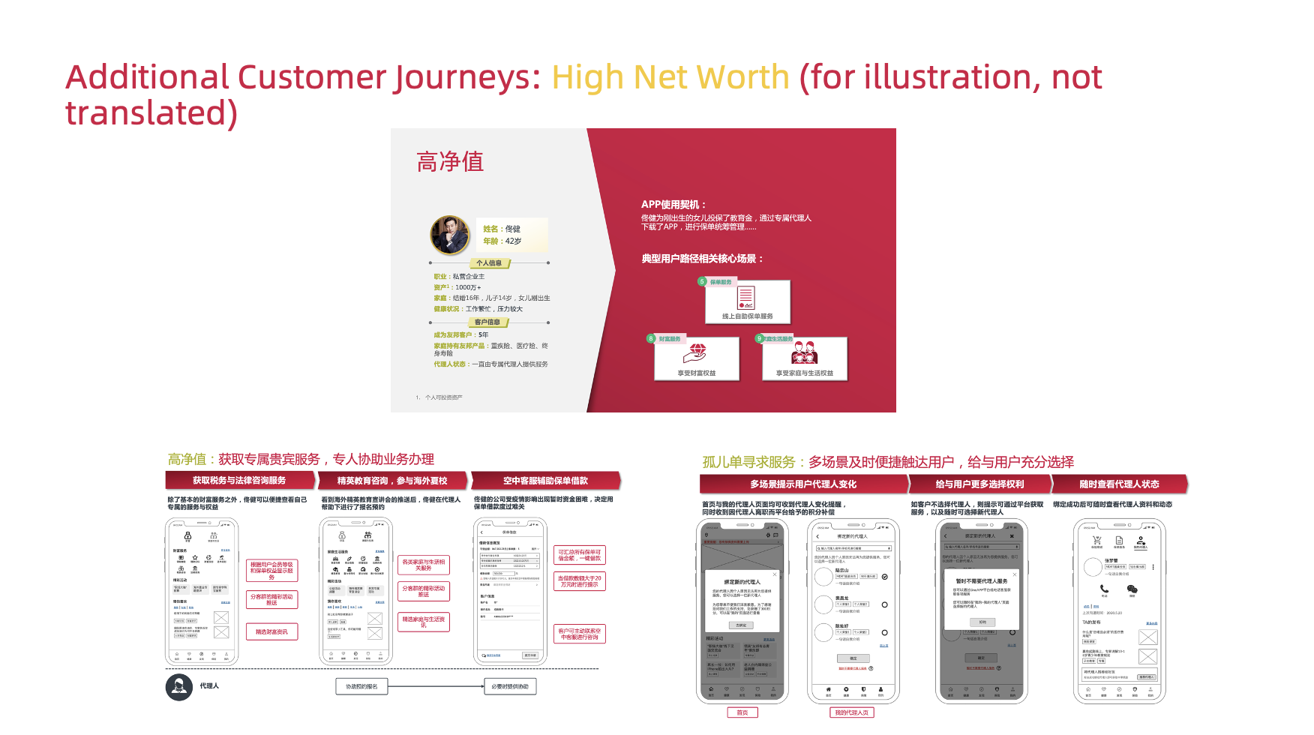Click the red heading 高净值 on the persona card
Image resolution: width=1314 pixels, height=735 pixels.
click(450, 162)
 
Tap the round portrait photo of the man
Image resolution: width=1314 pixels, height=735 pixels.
click(449, 235)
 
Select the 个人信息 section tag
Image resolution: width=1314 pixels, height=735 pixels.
click(489, 263)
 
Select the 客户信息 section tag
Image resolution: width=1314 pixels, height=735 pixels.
click(487, 322)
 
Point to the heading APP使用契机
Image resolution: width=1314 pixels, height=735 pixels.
click(673, 205)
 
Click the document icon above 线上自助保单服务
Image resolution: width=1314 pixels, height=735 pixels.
click(745, 298)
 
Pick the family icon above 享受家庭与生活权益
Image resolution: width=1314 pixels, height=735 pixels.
click(804, 352)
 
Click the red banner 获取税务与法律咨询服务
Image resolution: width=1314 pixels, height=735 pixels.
click(239, 481)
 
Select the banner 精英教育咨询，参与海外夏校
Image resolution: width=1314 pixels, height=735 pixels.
click(392, 481)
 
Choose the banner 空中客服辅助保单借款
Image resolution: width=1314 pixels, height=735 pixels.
click(545, 481)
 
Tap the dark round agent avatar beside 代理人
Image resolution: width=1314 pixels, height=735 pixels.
click(178, 687)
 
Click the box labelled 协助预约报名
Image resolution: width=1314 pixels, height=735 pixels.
click(361, 686)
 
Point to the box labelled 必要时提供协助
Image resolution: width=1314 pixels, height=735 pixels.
click(510, 686)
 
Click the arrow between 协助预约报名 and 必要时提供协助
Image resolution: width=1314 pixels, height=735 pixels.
click(436, 686)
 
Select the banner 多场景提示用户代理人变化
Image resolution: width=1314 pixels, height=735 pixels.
click(802, 484)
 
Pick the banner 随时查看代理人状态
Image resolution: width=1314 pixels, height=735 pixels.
click(1119, 484)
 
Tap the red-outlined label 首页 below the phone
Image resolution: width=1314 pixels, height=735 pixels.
click(742, 712)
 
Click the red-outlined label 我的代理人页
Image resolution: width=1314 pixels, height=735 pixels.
click(851, 712)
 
